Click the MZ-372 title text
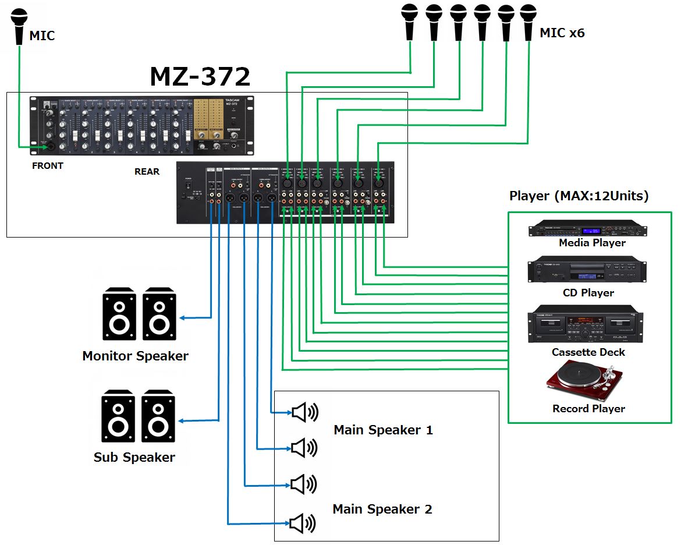(x=200, y=76)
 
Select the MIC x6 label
(x=562, y=33)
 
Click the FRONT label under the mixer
(x=48, y=166)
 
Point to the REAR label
(x=147, y=172)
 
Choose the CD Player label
(x=588, y=293)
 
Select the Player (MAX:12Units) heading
(x=579, y=196)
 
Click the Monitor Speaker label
(x=135, y=356)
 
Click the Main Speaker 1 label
(x=383, y=430)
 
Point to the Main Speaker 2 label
(x=382, y=509)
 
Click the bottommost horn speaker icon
(x=303, y=523)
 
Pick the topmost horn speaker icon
(x=304, y=413)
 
